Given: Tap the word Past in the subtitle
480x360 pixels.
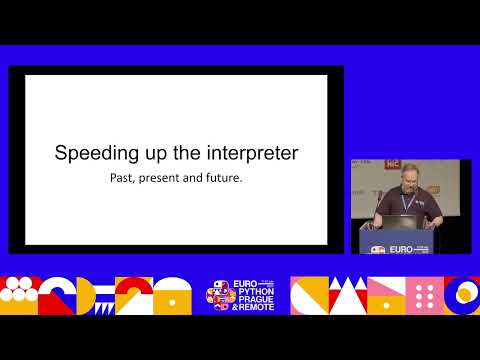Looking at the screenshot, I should click(x=124, y=181).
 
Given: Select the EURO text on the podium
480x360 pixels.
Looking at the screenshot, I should click(x=399, y=248).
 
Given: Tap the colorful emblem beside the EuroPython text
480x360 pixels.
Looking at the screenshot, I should click(x=217, y=296).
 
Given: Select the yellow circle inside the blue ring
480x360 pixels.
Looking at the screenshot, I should click(x=465, y=293).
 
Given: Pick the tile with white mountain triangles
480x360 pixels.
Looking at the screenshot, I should click(x=345, y=296).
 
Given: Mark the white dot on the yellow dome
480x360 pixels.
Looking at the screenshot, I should click(x=169, y=290).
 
